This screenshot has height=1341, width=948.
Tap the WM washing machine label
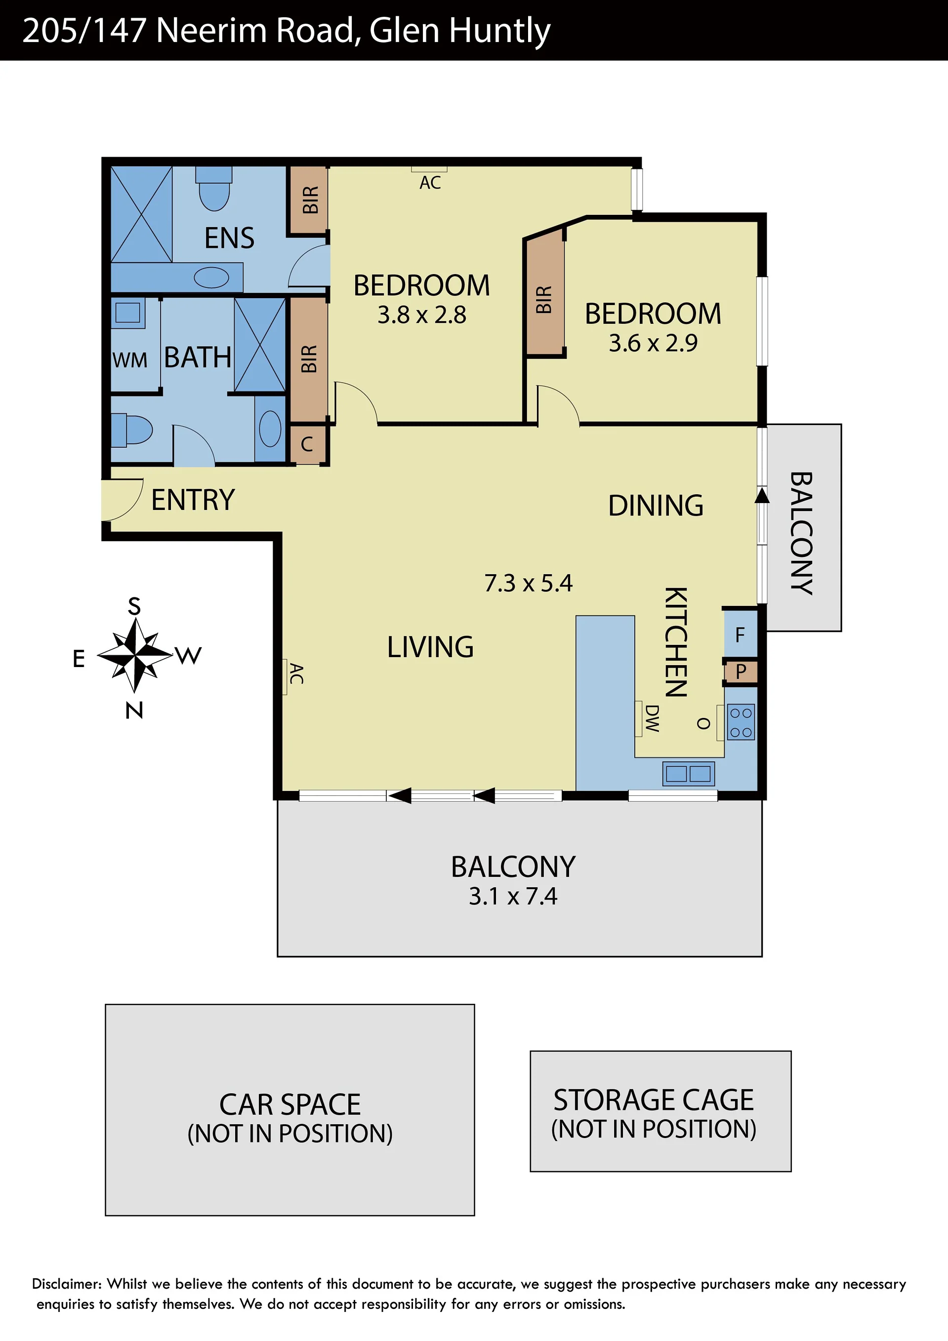pyautogui.click(x=130, y=360)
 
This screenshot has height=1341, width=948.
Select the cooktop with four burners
pyautogui.click(x=741, y=722)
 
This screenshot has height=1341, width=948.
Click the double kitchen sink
pyautogui.click(x=689, y=773)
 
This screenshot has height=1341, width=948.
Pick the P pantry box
pyautogui.click(x=741, y=671)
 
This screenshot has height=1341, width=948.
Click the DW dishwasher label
pyautogui.click(x=652, y=718)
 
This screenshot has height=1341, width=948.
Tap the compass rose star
pyautogui.click(x=135, y=655)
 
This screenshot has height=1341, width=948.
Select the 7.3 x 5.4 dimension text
pyautogui.click(x=529, y=583)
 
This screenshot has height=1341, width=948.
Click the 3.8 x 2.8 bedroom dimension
pyautogui.click(x=421, y=315)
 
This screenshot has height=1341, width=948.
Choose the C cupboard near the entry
pyautogui.click(x=307, y=444)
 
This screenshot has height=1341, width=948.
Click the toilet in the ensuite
pyautogui.click(x=214, y=188)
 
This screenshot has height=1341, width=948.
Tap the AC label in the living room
pyautogui.click(x=296, y=673)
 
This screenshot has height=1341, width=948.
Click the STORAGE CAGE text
pyautogui.click(x=654, y=1101)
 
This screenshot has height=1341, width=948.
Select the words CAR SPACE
pyautogui.click(x=290, y=1105)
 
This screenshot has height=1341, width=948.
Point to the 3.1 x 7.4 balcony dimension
pyautogui.click(x=513, y=896)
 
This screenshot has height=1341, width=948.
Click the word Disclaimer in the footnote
pyautogui.click(x=67, y=1284)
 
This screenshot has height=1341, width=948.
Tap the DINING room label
pyautogui.click(x=656, y=506)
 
